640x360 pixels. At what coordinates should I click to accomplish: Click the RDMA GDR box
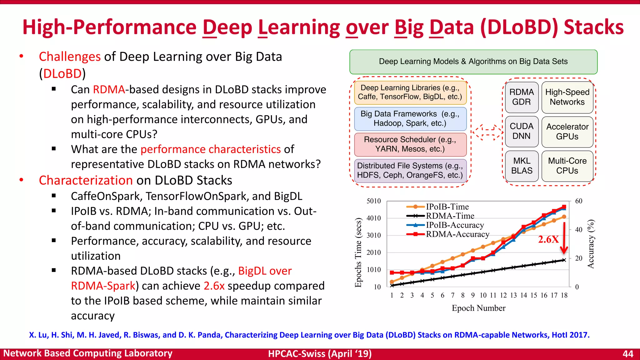pos(522,97)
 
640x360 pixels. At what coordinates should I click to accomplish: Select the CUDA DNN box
pos(522,131)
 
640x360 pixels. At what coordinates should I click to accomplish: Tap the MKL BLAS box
pos(522,166)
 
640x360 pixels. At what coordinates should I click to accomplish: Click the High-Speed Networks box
pos(567,97)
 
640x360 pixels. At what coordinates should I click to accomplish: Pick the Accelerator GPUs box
pos(567,132)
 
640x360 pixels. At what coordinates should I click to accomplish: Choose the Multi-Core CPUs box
pos(567,166)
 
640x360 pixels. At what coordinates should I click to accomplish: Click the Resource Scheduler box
pos(410,144)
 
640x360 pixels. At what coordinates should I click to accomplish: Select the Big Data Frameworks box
pos(410,119)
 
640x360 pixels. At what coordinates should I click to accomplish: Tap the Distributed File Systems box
pos(410,171)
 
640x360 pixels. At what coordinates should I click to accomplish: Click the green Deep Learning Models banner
pos(473,62)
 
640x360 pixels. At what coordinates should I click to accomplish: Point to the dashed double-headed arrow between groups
pos(487,132)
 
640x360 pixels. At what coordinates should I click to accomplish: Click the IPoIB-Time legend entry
pos(437,207)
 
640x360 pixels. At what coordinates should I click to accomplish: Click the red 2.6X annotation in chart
pos(548,240)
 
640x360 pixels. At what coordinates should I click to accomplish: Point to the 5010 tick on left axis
pos(373,201)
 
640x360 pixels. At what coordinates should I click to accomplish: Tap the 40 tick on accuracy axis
pos(579,230)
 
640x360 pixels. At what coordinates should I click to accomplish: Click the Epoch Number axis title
pos(478,308)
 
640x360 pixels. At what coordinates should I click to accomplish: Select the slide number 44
pos(628,354)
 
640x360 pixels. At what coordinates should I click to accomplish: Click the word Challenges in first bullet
pos(70,57)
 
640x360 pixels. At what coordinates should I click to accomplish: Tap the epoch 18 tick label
pos(564,295)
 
